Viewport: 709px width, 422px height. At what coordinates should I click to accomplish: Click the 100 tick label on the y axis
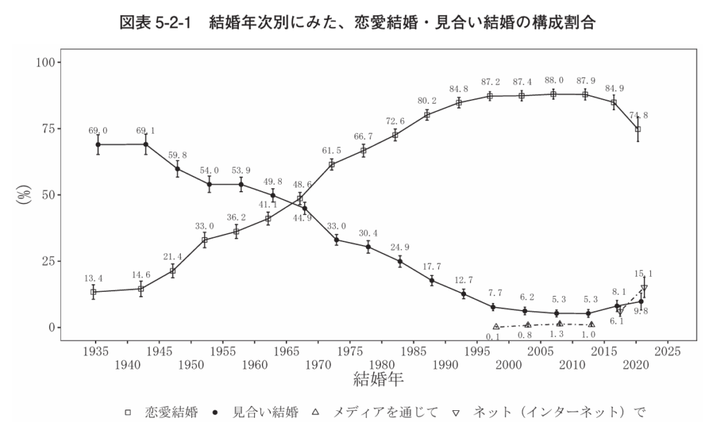coord(46,62)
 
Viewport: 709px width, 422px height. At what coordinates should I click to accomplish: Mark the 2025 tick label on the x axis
coord(668,351)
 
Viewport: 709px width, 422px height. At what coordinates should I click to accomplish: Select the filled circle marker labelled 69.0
coord(98,145)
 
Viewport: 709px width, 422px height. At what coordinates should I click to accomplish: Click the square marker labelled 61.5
coord(332,165)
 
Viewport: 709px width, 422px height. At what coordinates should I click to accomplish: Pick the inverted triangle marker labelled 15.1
coord(644,288)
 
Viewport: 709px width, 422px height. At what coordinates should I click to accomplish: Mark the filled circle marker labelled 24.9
coord(400,262)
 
